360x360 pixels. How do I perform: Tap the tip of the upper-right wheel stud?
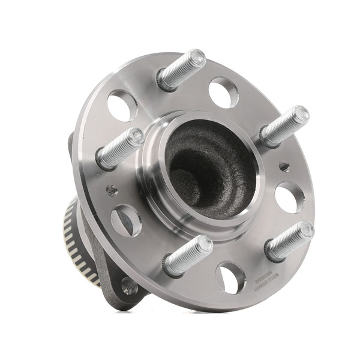point(301,114)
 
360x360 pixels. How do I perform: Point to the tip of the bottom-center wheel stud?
point(205,244)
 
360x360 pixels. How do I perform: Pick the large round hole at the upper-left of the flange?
point(122,106)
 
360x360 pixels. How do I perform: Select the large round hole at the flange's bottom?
point(231,277)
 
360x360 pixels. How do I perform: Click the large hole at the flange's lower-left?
point(127,220)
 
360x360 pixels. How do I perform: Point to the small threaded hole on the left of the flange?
point(111,190)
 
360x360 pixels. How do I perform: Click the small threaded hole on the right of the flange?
point(283,166)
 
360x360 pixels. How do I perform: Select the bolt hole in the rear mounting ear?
point(128,287)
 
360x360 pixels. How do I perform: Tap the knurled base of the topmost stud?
point(166,77)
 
